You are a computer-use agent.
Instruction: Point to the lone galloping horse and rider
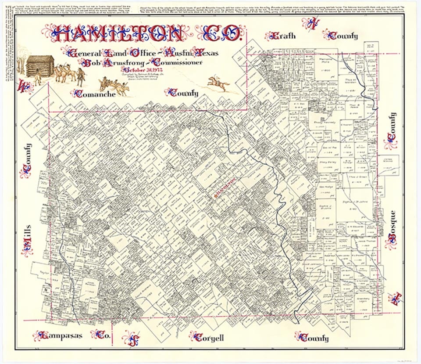click(218, 83)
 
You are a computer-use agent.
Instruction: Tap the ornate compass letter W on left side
click(23, 86)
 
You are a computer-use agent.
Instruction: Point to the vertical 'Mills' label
click(28, 241)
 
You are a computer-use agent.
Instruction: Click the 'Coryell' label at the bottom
click(208, 338)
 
